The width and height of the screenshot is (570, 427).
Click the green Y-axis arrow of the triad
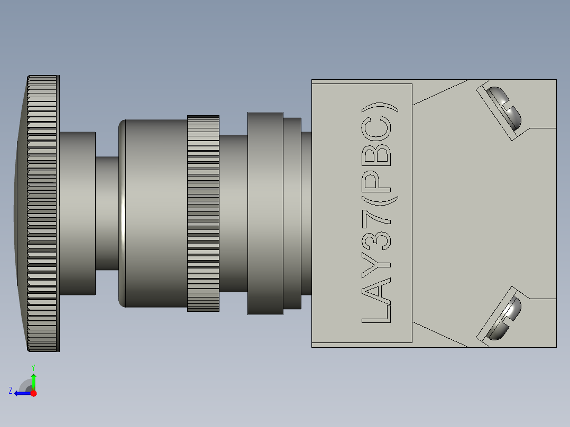click(x=33, y=379)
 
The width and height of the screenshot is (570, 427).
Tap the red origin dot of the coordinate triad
click(x=33, y=393)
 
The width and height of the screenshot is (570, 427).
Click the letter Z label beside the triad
click(x=11, y=391)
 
